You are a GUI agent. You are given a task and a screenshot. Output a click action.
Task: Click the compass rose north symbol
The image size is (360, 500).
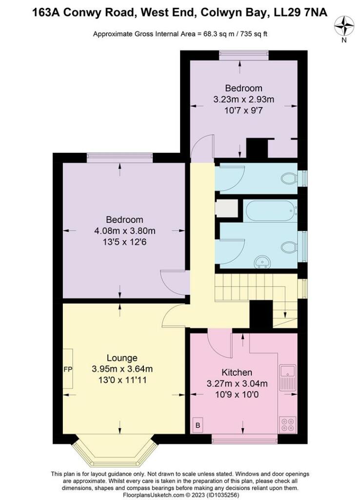(x=344, y=26)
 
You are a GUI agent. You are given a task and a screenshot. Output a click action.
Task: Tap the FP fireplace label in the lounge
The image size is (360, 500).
(x=67, y=369)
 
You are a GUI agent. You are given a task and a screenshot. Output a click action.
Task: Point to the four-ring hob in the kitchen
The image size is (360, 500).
(x=286, y=423)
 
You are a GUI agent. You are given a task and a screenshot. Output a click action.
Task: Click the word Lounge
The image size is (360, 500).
(x=122, y=358)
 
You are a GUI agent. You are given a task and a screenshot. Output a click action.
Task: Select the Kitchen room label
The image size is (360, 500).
(x=236, y=372)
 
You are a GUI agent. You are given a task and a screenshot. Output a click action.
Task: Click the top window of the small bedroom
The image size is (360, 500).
(x=243, y=55)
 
